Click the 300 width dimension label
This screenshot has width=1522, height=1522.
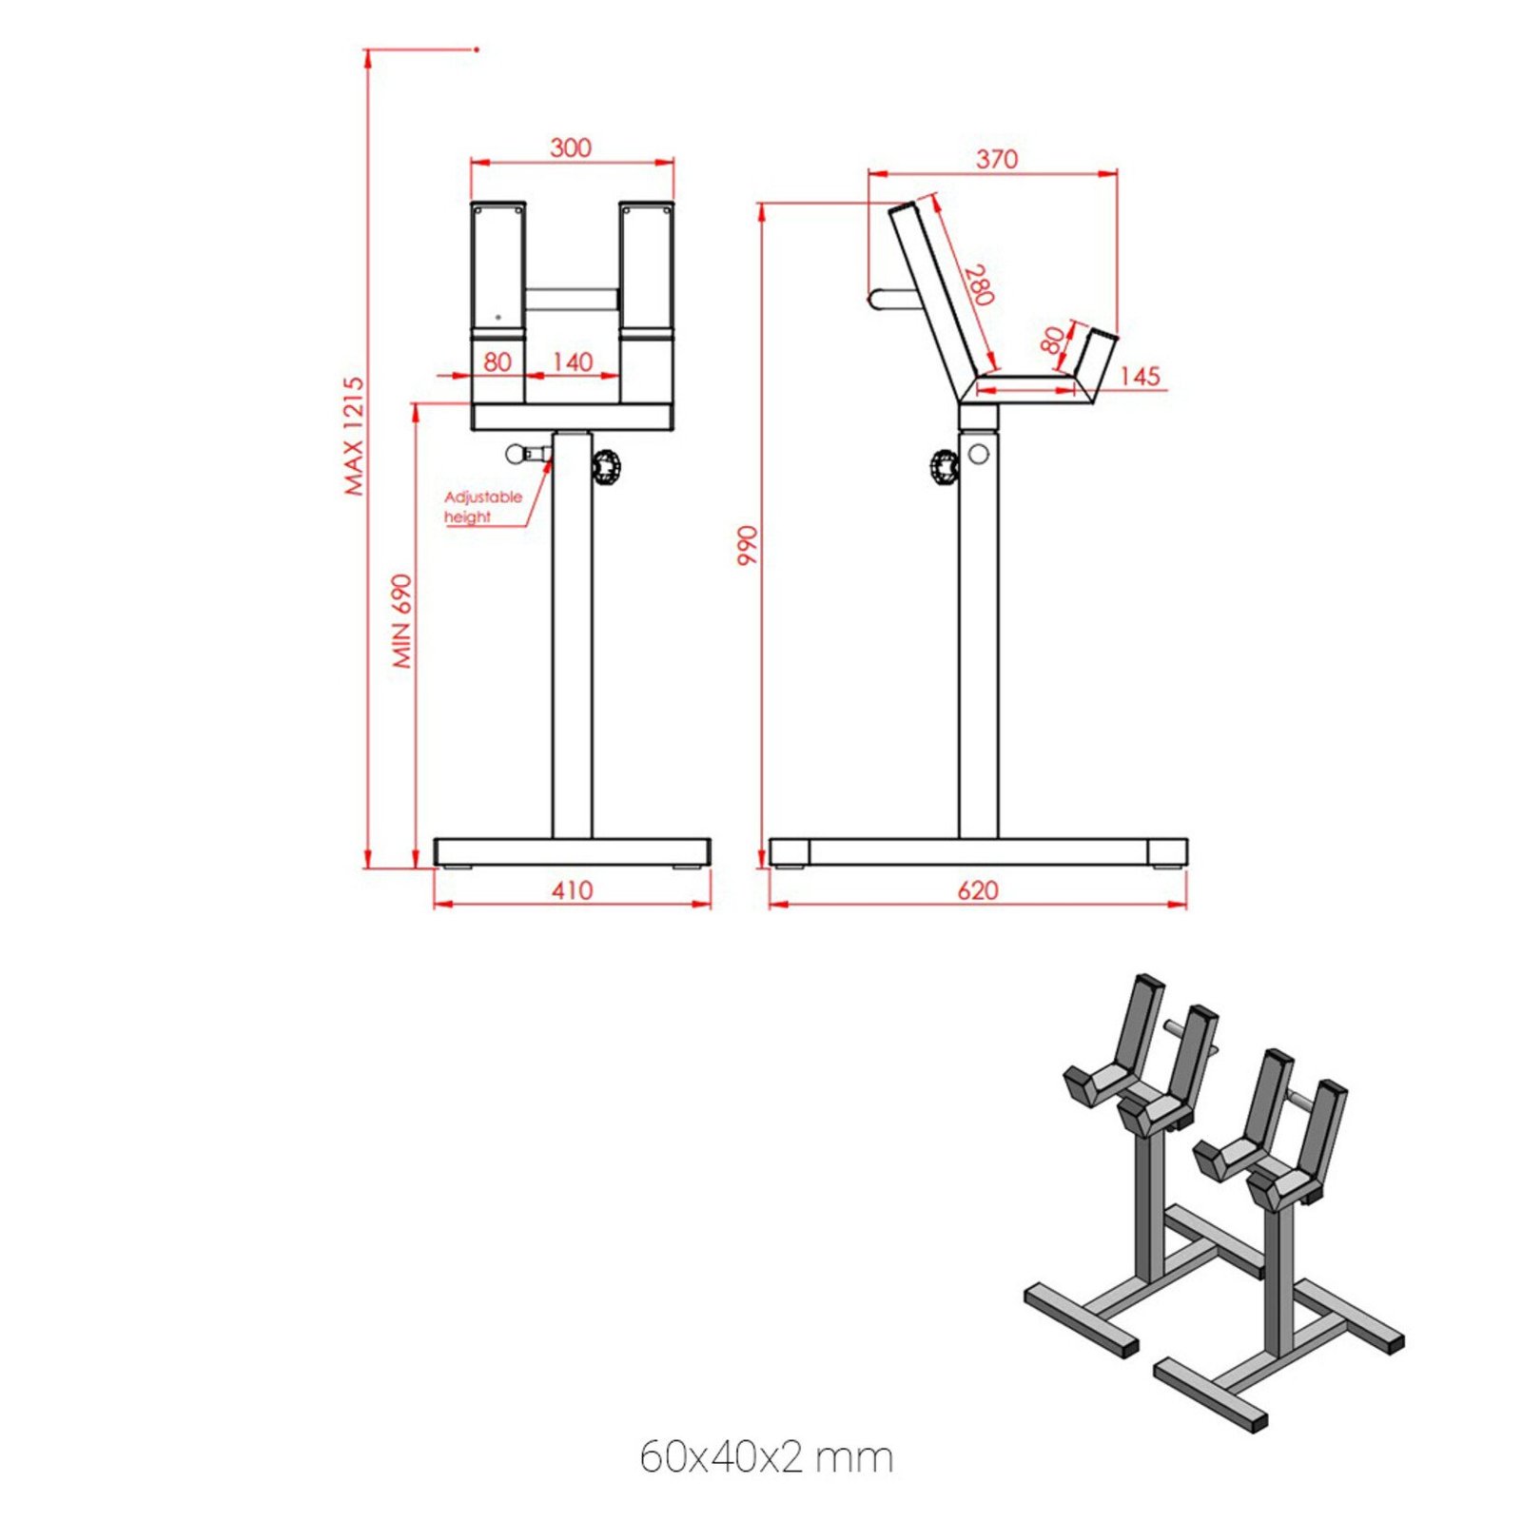click(x=570, y=147)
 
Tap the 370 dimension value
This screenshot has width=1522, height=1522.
click(x=996, y=159)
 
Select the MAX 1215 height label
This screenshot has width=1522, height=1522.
click(x=354, y=436)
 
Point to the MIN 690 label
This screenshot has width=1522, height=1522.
click(x=403, y=620)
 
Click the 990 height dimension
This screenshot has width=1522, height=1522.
click(x=749, y=545)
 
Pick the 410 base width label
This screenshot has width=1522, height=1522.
click(x=572, y=890)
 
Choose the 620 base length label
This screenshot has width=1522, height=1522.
click(x=978, y=890)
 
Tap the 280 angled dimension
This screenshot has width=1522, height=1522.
click(x=978, y=285)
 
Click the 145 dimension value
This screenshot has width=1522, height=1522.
click(x=1139, y=376)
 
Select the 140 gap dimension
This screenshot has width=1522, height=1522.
click(x=572, y=361)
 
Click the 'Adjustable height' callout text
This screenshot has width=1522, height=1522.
click(x=482, y=507)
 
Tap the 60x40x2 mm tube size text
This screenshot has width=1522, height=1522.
click(x=766, y=1456)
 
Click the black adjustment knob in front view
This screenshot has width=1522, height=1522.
click(x=606, y=467)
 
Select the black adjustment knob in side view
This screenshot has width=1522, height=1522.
click(x=944, y=468)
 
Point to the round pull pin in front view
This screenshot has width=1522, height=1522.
click(x=517, y=454)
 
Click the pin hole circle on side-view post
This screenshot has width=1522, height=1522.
click(x=978, y=454)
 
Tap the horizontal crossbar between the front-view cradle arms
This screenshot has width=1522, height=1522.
click(x=572, y=300)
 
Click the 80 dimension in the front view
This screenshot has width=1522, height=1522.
click(x=497, y=361)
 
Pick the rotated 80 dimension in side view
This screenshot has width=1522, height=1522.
click(x=1052, y=340)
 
